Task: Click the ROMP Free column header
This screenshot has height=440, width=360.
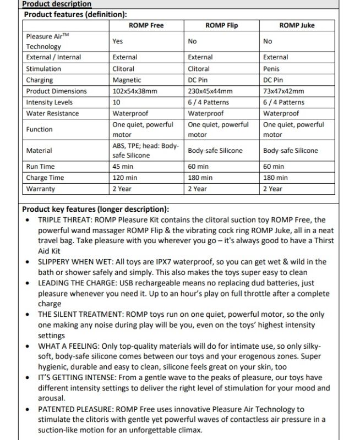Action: (x=146, y=25)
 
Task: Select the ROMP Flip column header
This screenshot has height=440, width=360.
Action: (x=221, y=25)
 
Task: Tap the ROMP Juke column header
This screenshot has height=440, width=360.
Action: (x=298, y=25)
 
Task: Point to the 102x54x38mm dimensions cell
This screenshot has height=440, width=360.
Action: (x=135, y=91)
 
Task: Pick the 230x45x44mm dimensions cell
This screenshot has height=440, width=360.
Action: (x=210, y=91)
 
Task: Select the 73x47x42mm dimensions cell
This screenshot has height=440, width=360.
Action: (x=283, y=91)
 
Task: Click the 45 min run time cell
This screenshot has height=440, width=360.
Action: (x=123, y=166)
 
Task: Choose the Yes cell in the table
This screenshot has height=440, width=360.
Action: (x=117, y=41)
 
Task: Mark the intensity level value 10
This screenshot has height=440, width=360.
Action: (x=116, y=102)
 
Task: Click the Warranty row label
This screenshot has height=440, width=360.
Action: (x=41, y=189)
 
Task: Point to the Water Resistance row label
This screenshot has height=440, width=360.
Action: (x=52, y=113)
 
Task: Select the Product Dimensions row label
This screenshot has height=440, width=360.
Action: (x=56, y=91)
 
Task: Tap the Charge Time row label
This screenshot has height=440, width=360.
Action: (x=45, y=178)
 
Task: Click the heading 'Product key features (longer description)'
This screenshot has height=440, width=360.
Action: (x=95, y=210)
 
